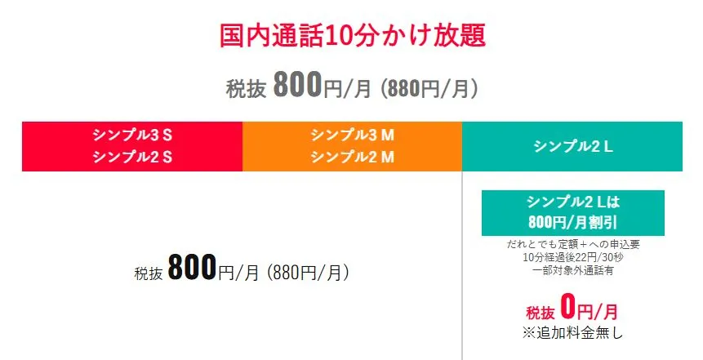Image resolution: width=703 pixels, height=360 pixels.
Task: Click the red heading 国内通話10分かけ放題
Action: click(x=352, y=36)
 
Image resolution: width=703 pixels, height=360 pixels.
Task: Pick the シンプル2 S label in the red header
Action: click(x=132, y=157)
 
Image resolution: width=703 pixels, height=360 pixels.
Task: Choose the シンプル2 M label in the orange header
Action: click(x=352, y=157)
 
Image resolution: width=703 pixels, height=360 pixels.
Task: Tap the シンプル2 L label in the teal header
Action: click(x=572, y=146)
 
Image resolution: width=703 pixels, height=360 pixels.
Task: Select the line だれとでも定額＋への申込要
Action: click(x=572, y=244)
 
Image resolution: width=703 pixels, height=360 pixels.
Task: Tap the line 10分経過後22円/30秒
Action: click(x=572, y=257)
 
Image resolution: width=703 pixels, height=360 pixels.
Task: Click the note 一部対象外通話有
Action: click(x=572, y=270)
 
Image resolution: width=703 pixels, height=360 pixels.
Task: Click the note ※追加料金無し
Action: click(x=572, y=332)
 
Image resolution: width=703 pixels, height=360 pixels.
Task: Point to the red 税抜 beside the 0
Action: click(x=541, y=313)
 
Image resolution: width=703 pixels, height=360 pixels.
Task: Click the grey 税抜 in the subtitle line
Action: click(x=246, y=88)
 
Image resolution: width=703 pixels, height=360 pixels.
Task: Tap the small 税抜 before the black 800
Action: click(x=149, y=273)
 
